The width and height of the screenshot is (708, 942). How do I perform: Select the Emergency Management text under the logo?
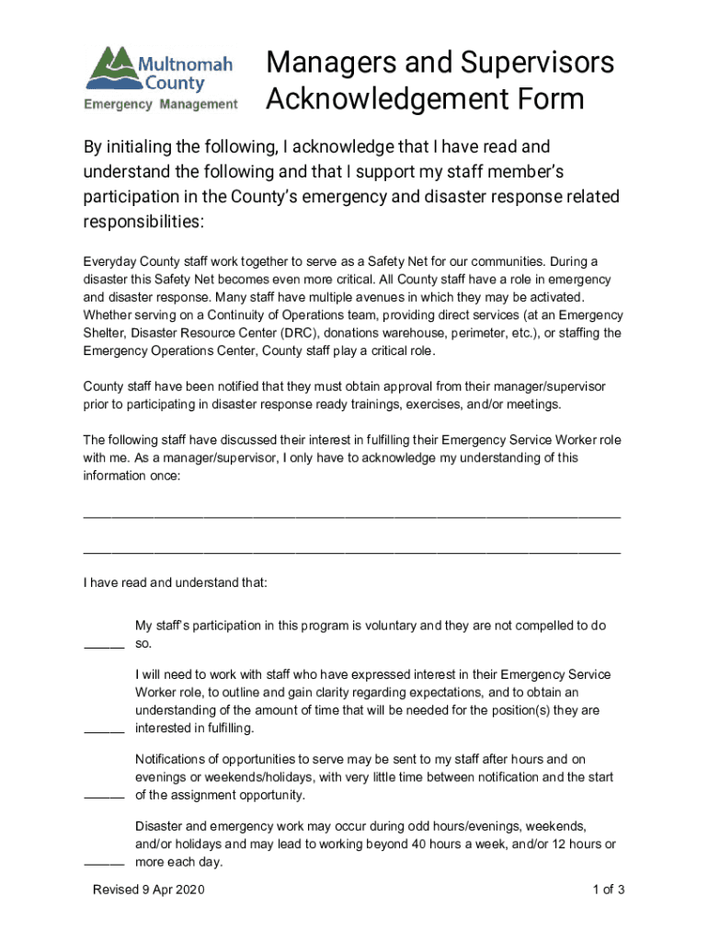click(x=161, y=104)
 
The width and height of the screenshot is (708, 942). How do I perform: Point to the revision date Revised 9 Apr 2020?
click(x=148, y=890)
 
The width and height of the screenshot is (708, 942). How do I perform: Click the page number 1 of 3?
click(x=609, y=890)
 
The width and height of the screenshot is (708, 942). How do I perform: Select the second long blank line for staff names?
click(x=351, y=552)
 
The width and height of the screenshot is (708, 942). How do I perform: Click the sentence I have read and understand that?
click(x=176, y=583)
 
